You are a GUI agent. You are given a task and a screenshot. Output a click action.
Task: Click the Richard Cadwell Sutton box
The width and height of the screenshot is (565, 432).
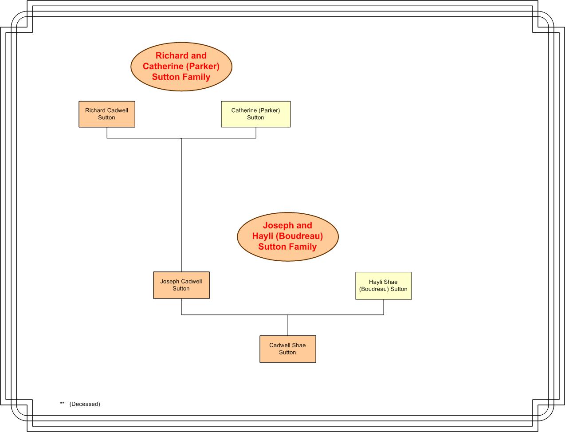[107, 114]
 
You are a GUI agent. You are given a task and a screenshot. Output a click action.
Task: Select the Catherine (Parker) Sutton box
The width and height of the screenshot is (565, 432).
[256, 114]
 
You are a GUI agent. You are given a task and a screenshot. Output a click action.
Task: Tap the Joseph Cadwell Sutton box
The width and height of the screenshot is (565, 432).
[181, 285]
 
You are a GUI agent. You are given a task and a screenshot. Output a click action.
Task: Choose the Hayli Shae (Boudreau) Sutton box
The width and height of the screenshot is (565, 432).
[384, 286]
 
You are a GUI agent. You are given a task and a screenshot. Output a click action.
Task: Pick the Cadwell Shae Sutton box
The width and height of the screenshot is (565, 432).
[288, 349]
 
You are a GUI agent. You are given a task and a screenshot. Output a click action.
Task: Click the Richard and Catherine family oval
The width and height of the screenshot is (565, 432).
[181, 67]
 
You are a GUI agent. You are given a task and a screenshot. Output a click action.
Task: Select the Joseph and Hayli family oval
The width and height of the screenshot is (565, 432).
[288, 236]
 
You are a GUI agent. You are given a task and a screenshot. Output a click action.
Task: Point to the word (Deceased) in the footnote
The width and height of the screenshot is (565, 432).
[85, 404]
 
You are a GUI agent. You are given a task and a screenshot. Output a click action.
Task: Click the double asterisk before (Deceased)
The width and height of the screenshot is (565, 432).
[62, 403]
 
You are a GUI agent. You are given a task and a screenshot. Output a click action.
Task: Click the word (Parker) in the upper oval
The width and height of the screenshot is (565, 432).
[203, 67]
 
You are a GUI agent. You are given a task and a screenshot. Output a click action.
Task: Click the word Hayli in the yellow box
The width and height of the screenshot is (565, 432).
[376, 282]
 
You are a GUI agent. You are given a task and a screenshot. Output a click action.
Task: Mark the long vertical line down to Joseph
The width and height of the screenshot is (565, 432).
[181, 205]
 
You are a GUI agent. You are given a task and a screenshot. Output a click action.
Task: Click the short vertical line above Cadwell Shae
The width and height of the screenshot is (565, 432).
[288, 325]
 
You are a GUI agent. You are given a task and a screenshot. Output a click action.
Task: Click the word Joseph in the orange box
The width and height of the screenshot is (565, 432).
[169, 282]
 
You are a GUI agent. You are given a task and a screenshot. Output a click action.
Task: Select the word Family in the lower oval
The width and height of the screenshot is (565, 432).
[301, 247]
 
